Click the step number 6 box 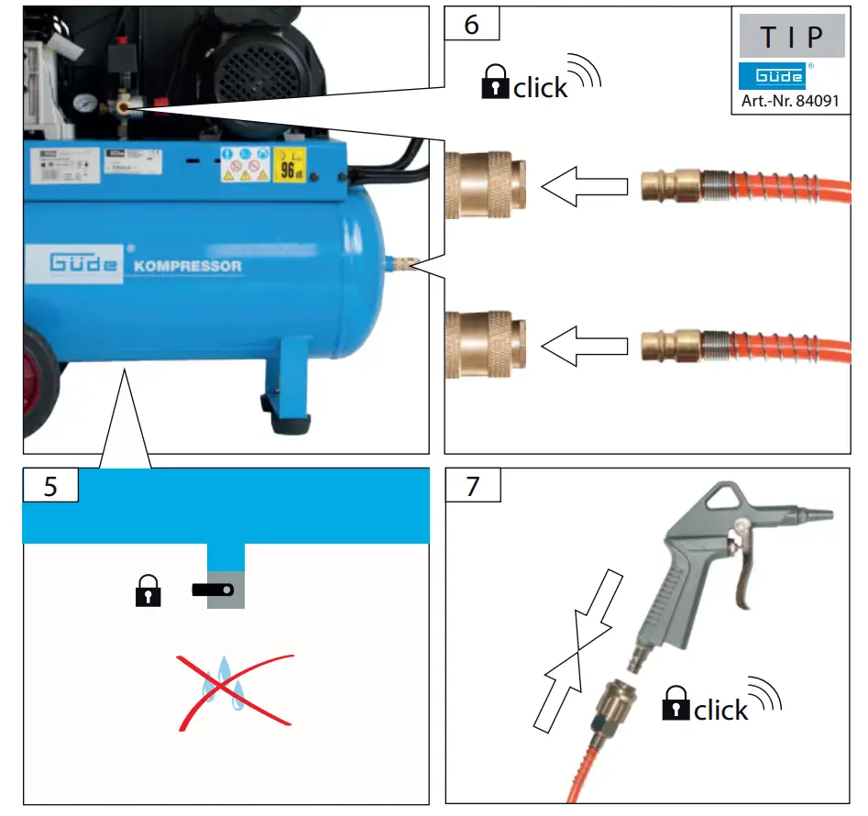click(472, 24)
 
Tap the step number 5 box click(50, 485)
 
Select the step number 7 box click(472, 485)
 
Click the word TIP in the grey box click(791, 38)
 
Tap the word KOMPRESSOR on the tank click(187, 266)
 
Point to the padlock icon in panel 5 click(148, 591)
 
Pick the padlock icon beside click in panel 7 click(676, 704)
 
